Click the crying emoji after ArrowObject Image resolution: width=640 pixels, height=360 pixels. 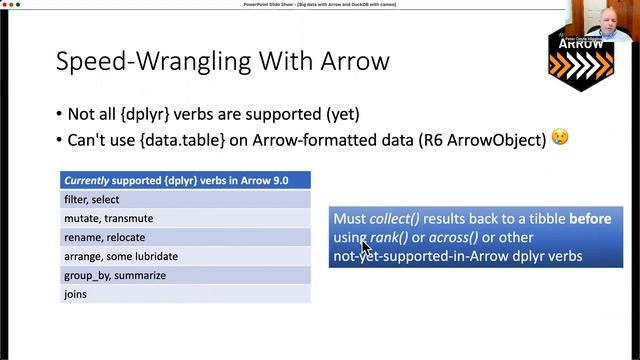pyautogui.click(x=559, y=137)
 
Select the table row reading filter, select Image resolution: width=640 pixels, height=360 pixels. pyautogui.click(x=185, y=199)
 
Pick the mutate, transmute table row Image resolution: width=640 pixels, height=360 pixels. pyautogui.click(x=185, y=218)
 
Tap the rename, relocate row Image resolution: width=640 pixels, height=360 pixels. pyautogui.click(x=185, y=237)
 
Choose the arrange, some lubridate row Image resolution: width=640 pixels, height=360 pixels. pyautogui.click(x=185, y=256)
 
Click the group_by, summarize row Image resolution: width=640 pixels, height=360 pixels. pyautogui.click(x=185, y=275)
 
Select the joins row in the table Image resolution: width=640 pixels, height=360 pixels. pyautogui.click(x=185, y=294)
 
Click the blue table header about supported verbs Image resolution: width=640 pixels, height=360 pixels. pyautogui.click(x=185, y=180)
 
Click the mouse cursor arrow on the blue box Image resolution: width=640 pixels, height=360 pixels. pyautogui.click(x=365, y=246)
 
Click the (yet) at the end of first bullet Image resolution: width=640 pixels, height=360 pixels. pyautogui.click(x=337, y=113)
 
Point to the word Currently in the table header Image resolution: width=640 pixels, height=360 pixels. pyautogui.click(x=90, y=180)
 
